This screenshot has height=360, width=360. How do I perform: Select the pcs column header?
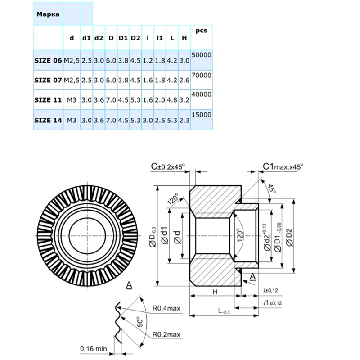tap(201, 31)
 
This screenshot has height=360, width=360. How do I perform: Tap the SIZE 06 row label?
tap(48, 60)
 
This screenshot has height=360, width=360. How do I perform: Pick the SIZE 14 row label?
tap(48, 121)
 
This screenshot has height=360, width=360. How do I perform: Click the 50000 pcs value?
tap(201, 54)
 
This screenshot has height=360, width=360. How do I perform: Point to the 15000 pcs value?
tap(201, 115)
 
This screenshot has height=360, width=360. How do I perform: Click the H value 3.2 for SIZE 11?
tap(184, 100)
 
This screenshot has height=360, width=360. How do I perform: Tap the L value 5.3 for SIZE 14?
tap(172, 121)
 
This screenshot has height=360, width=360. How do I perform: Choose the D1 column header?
tap(123, 38)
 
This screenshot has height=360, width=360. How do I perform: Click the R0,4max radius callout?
tap(166, 308)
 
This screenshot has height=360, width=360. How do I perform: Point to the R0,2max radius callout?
tap(166, 334)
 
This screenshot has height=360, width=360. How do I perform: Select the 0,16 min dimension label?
tap(93, 348)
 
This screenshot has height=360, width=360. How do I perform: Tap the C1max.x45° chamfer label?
tap(283, 166)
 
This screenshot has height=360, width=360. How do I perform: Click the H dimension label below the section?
tap(215, 292)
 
